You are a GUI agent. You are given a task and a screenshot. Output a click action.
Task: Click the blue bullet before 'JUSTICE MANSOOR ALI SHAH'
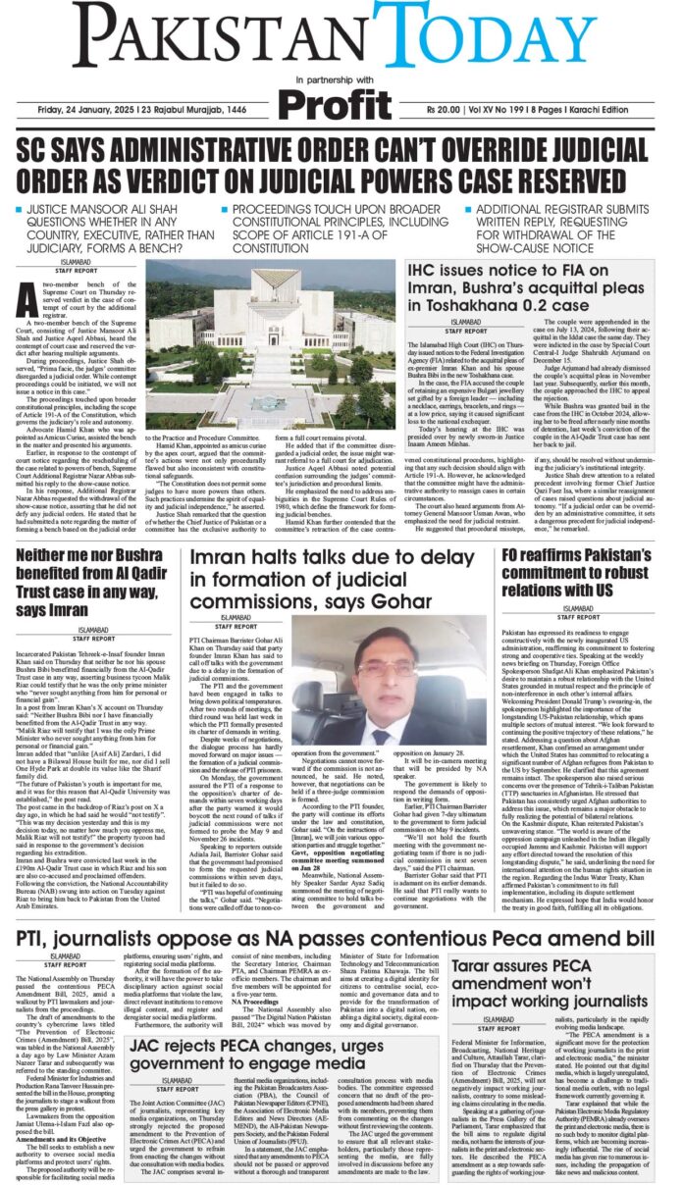(x=20, y=211)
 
